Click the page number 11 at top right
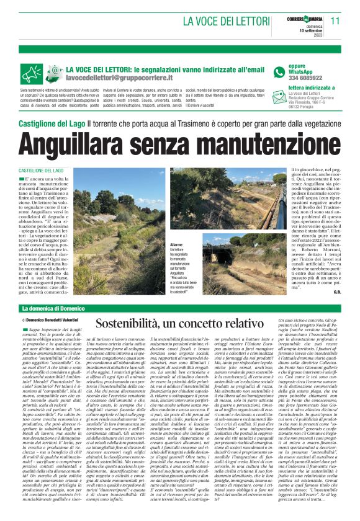point(336,20)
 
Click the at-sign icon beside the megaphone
point(55,74)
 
